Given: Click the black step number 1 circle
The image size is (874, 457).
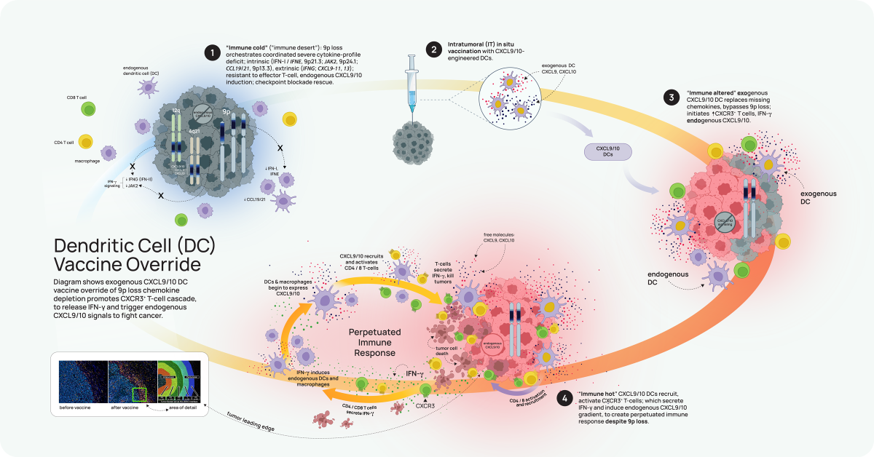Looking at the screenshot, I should (212, 52).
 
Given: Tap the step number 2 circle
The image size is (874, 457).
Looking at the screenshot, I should (434, 50).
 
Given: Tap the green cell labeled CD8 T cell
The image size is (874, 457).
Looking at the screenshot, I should (88, 109).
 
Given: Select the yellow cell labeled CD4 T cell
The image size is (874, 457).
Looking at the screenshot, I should (86, 141).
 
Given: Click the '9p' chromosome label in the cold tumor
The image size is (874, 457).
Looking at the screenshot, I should (227, 113).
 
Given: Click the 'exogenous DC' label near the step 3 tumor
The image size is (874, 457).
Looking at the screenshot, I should (818, 198).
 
